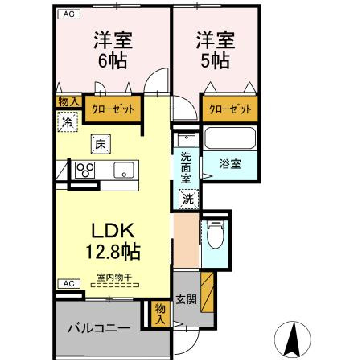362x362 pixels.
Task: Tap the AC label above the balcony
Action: click(x=68, y=284)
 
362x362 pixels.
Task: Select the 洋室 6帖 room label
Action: click(x=112, y=50)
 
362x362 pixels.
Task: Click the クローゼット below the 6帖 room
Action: click(x=112, y=107)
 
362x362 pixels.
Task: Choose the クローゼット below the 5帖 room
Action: click(x=229, y=108)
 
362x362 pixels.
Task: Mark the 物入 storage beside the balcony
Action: click(x=160, y=313)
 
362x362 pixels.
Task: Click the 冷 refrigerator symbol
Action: click(x=67, y=123)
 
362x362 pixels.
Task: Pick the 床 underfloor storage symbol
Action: click(x=100, y=145)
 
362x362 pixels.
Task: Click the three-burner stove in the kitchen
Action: click(x=85, y=170)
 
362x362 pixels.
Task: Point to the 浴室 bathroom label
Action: click(x=231, y=164)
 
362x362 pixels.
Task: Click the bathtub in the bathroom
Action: click(x=230, y=138)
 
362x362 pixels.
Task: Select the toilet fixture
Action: click(x=214, y=236)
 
